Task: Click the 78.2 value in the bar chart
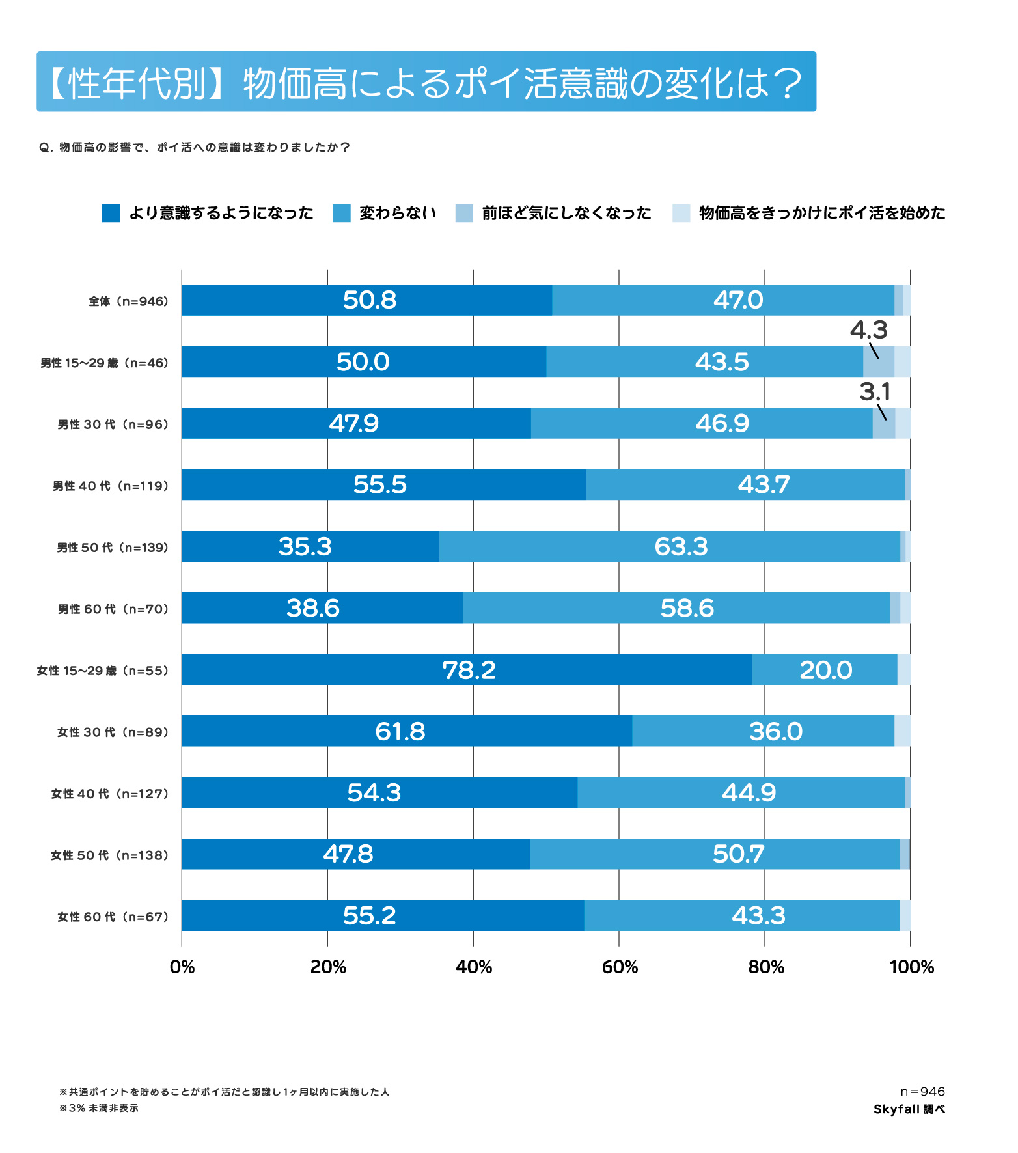[x=469, y=670]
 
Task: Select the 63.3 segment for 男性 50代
[x=681, y=547]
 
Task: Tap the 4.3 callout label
[x=868, y=330]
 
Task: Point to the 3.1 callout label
[x=874, y=392]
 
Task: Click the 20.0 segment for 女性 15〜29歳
[x=825, y=670]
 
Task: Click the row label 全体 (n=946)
[x=128, y=301]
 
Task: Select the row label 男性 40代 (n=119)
[x=111, y=486]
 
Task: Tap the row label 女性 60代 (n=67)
[x=113, y=917]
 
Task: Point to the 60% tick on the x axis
[x=620, y=967]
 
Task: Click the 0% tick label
[x=182, y=967]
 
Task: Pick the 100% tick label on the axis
[x=911, y=967]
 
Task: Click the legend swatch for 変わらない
[x=342, y=214]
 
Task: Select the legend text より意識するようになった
[x=221, y=214]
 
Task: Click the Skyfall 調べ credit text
[x=909, y=1109]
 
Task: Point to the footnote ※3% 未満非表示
[x=99, y=1108]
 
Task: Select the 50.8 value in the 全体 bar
[x=369, y=300]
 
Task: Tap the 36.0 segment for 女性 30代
[x=775, y=732]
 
